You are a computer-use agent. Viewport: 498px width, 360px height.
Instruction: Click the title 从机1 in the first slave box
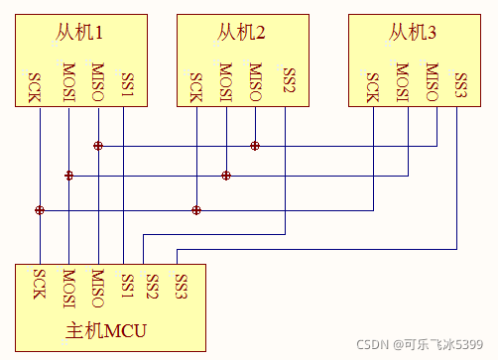[x=79, y=34]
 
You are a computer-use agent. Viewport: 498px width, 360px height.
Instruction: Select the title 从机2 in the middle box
[x=241, y=34]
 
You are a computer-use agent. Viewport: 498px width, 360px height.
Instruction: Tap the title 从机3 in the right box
[x=413, y=34]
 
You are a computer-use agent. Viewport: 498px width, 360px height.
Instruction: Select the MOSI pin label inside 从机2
[x=226, y=84]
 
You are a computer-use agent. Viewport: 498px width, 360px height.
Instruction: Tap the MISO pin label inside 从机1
[x=97, y=84]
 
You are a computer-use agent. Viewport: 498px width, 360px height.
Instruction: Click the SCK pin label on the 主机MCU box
[x=40, y=284]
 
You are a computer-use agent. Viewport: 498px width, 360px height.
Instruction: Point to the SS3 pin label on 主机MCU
[x=181, y=284]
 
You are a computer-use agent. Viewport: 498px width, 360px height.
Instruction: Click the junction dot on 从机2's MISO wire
[x=255, y=146]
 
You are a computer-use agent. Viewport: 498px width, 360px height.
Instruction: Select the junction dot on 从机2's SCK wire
[x=196, y=210]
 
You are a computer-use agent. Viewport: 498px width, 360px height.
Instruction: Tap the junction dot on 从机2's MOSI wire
[x=226, y=176]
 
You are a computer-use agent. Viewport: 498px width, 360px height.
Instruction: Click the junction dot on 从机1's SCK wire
[x=40, y=210]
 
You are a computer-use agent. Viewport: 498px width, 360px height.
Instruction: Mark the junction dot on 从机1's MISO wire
[x=98, y=146]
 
